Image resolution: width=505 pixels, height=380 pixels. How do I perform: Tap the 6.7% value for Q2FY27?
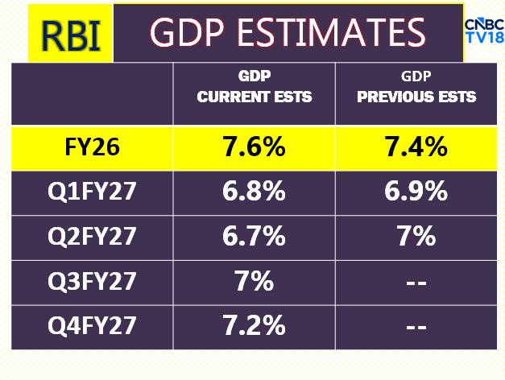255,237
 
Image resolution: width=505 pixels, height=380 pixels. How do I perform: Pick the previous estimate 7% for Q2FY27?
416,237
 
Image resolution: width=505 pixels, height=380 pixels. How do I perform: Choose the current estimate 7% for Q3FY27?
255,282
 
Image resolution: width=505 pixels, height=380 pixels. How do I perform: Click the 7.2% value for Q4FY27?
255,326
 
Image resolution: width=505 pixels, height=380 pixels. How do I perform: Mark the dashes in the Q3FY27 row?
416,283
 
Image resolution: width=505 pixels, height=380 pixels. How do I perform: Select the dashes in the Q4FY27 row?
416,327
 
